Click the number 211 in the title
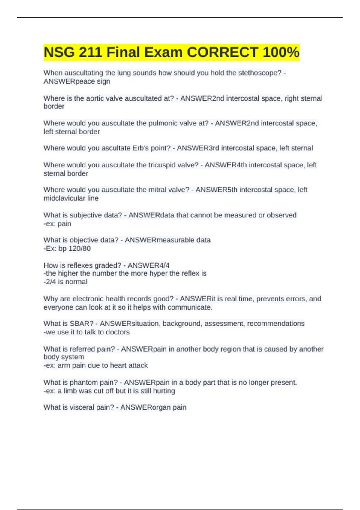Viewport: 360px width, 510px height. pyautogui.click(x=90, y=52)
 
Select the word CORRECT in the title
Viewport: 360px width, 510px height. pyautogui.click(x=222, y=52)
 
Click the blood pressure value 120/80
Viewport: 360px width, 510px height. pyautogui.click(x=79, y=249)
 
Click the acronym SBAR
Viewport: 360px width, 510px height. pyautogui.click(x=82, y=324)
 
